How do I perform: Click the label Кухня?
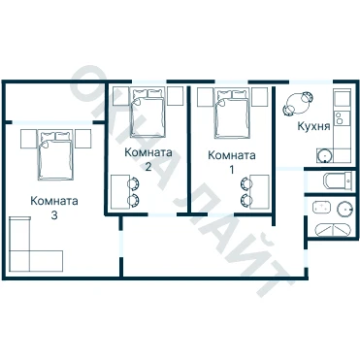[313, 126]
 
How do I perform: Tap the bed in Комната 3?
[55, 155]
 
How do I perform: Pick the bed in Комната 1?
[233, 114]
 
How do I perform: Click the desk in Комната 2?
[120, 192]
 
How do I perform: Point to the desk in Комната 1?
[260, 192]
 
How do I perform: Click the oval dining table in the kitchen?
[298, 104]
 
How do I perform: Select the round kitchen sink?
[324, 155]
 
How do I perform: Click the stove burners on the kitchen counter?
[340, 117]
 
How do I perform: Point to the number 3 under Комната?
[54, 215]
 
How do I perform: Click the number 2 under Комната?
[148, 167]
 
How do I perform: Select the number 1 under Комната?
[232, 170]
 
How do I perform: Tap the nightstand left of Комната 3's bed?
[28, 139]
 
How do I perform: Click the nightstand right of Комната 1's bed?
[260, 97]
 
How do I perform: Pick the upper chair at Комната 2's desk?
[134, 184]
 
